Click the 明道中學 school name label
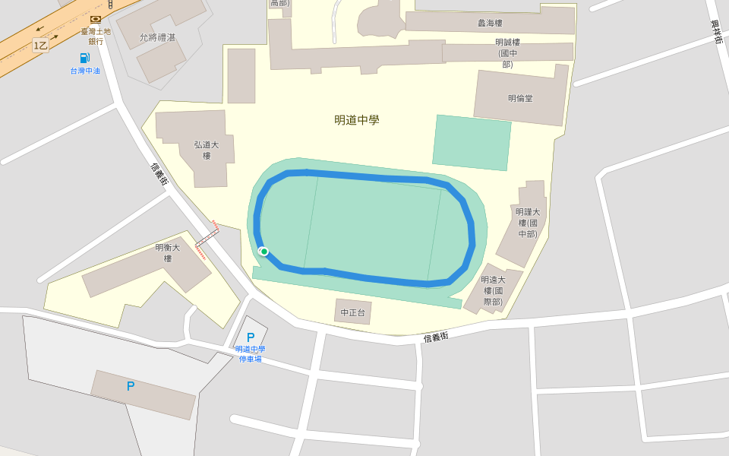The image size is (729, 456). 357,120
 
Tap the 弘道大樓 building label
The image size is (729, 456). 206,150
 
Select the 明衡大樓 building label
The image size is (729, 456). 168,252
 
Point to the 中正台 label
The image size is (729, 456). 353,312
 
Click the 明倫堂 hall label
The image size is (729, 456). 520,99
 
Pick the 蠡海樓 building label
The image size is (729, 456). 490,23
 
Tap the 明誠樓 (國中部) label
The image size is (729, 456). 507,53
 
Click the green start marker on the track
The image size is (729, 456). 264,252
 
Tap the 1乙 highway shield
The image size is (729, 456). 41,46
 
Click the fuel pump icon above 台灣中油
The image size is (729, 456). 84,59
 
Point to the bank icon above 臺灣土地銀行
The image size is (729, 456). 96,19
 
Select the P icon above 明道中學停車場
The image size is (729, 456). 251,337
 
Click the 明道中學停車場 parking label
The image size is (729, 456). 251,354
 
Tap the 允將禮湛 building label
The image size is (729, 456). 157,36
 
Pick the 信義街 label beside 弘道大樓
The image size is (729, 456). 159,175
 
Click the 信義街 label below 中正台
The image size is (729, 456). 436,337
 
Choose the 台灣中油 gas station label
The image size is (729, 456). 85,71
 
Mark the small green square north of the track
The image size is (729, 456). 472,143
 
